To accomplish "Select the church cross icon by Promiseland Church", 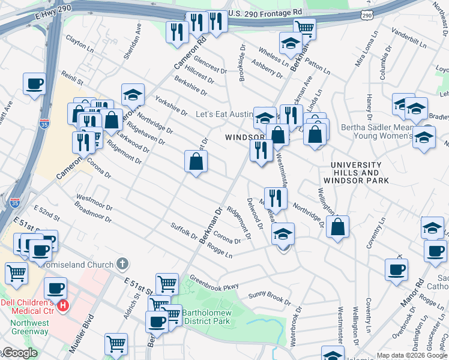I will pyautogui.click(x=122, y=264).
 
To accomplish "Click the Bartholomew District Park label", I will pyautogui.click(x=205, y=317).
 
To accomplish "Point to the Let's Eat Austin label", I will pyautogui.click(x=224, y=114).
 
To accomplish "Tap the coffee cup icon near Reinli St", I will pyautogui.click(x=34, y=83).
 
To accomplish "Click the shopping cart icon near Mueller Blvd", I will pyautogui.click(x=116, y=344).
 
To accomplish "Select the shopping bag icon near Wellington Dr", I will pyautogui.click(x=338, y=227).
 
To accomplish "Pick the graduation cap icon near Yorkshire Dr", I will pyautogui.click(x=133, y=94).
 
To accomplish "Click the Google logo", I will pyautogui.click(x=19, y=353).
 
